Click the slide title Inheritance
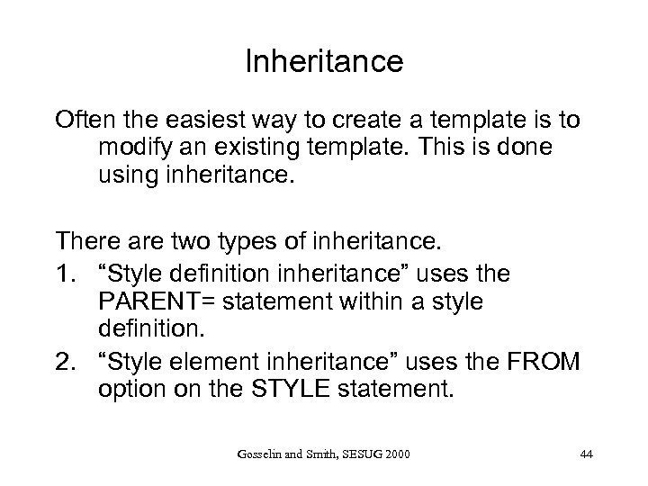(324, 62)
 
